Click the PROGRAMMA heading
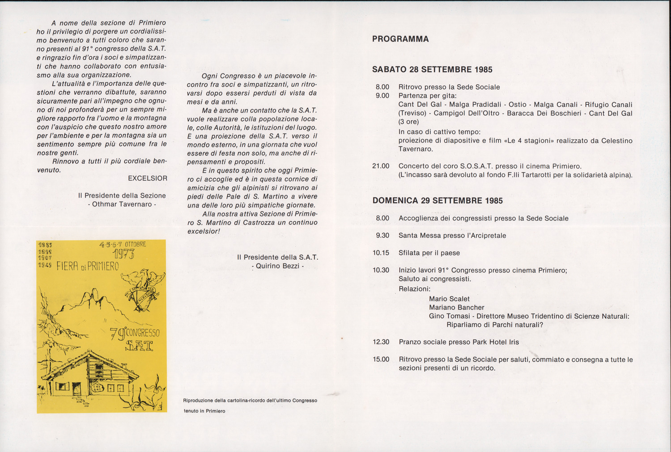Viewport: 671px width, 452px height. pyautogui.click(x=400, y=39)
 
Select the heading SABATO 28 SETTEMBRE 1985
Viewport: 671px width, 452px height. pyautogui.click(x=432, y=69)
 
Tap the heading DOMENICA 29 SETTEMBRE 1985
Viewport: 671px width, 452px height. pyautogui.click(x=437, y=201)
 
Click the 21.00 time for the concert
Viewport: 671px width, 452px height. pyautogui.click(x=381, y=166)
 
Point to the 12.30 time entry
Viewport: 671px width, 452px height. pyautogui.click(x=381, y=342)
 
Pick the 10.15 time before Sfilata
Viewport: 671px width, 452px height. pyautogui.click(x=381, y=253)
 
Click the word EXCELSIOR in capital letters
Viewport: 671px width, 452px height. pyautogui.click(x=148, y=178)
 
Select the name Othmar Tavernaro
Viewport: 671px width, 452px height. pyautogui.click(x=122, y=204)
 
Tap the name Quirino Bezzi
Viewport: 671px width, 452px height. pyautogui.click(x=278, y=266)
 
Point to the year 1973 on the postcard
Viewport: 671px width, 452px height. pyautogui.click(x=123, y=254)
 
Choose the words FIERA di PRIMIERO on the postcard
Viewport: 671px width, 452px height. pyautogui.click(x=88, y=266)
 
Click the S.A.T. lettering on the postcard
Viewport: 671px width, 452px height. pyautogui.click(x=139, y=346)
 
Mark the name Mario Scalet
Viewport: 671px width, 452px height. pyautogui.click(x=449, y=299)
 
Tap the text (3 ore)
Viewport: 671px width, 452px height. pyautogui.click(x=409, y=122)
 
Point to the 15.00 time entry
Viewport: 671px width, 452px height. pyautogui.click(x=381, y=359)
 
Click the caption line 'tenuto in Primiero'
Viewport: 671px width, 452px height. pyautogui.click(x=204, y=411)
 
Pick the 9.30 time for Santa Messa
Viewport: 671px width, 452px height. pyautogui.click(x=382, y=236)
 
